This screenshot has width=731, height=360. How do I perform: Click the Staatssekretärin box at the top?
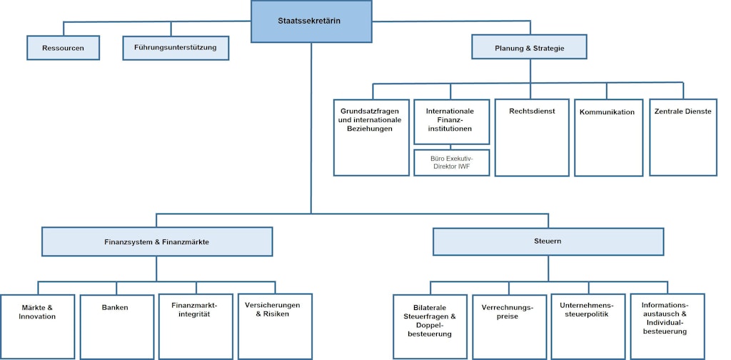(311, 21)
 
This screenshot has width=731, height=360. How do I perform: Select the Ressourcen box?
(64, 48)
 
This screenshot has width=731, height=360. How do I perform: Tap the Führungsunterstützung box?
(171, 48)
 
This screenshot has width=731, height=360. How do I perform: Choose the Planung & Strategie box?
(529, 48)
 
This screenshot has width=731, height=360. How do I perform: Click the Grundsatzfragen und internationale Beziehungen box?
(371, 137)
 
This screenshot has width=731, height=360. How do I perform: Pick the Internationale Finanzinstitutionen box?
(452, 122)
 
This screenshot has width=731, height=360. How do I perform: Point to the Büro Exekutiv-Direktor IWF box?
(452, 163)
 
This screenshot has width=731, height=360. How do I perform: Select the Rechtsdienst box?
(532, 137)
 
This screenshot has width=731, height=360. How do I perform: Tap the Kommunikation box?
(608, 137)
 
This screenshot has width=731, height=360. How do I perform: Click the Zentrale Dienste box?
(683, 137)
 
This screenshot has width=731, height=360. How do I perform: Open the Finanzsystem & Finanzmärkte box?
(157, 241)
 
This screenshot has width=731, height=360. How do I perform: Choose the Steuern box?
(548, 241)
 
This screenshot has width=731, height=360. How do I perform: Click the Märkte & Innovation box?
(37, 326)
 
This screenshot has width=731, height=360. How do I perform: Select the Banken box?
(116, 326)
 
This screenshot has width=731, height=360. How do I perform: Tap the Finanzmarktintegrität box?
(195, 326)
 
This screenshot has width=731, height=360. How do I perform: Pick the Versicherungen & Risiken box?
(275, 326)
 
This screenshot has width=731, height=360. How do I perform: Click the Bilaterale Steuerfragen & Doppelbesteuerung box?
(430, 326)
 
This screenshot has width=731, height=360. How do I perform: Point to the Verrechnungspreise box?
(508, 326)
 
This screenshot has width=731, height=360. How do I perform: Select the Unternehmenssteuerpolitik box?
(587, 326)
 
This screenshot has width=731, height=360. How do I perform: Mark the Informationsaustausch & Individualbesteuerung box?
(667, 326)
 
